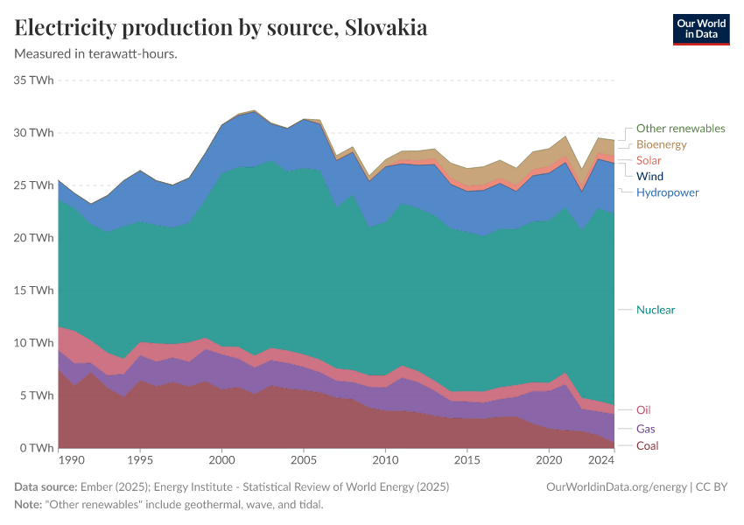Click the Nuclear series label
point(655,310)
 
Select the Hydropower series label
point(667,192)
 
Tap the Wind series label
point(649,176)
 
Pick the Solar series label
point(649,160)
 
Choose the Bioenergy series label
point(661,144)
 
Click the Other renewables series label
point(680,129)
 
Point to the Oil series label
point(643,409)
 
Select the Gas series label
point(645,429)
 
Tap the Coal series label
point(647,445)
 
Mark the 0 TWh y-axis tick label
point(39,448)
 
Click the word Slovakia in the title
point(386,28)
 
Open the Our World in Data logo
point(700,29)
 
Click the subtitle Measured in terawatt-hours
point(96,53)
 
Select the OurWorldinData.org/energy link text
point(615,486)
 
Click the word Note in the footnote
point(28,505)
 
